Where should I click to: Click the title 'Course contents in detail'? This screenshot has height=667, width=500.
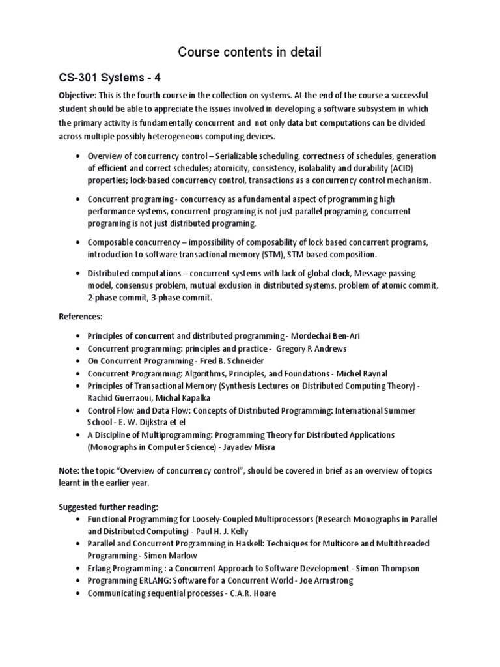click(249, 51)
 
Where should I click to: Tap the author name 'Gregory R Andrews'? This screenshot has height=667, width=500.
click(311, 348)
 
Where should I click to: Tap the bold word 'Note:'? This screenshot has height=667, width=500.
click(69, 470)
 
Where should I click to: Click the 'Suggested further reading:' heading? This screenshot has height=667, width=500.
click(113, 505)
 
